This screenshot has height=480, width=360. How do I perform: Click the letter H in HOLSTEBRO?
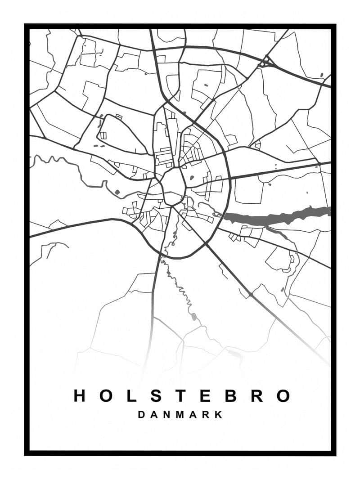tap(80, 396)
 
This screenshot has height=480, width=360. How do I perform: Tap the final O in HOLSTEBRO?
tap(283, 396)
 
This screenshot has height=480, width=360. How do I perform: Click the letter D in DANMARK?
tap(141, 415)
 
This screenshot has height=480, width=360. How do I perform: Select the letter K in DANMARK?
tap(219, 415)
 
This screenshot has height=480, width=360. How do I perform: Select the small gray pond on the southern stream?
tap(193, 317)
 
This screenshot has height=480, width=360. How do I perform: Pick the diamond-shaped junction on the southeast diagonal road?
tap(250, 295)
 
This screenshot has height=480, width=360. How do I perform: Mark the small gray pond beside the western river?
tap(118, 193)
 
